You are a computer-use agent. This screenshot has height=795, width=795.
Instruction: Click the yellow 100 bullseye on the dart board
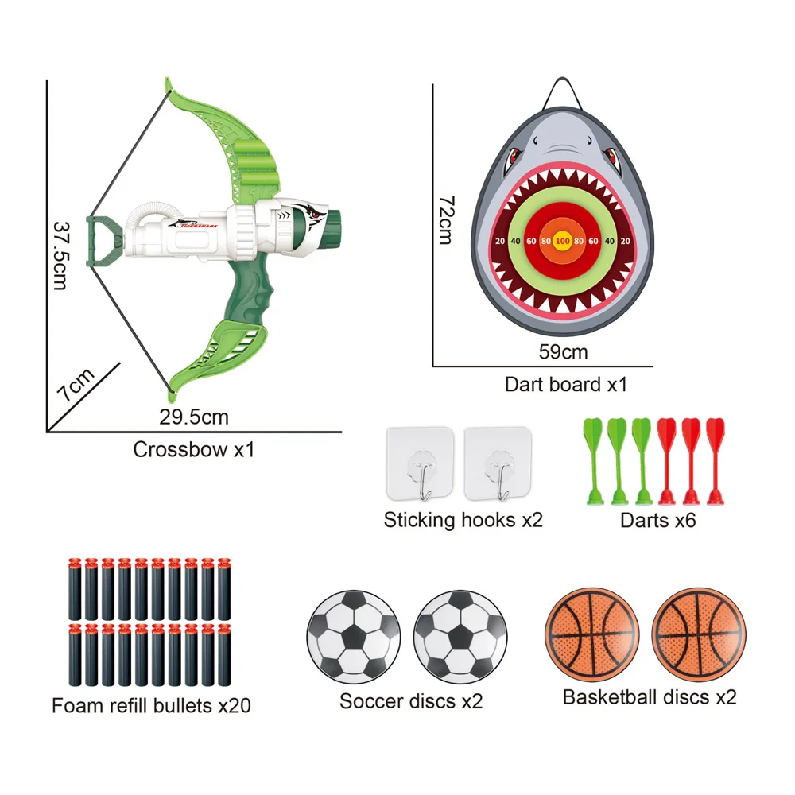[x=563, y=240]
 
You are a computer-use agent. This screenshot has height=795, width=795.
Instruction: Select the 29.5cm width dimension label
[x=194, y=417]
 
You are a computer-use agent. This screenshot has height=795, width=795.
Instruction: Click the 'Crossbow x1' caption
[x=193, y=449]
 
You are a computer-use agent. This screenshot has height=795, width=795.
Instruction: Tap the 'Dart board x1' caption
[x=566, y=385]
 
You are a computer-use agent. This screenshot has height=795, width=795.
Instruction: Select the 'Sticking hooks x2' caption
[x=463, y=521]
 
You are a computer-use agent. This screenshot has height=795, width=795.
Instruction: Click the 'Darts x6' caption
[x=657, y=521]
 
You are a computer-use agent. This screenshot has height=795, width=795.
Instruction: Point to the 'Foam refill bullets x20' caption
[x=151, y=705]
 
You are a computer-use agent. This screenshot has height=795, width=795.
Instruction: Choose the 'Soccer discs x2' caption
[x=411, y=701]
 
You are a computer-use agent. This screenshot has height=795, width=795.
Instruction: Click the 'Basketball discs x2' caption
[x=650, y=697]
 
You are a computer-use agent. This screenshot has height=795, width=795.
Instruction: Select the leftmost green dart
[x=593, y=461]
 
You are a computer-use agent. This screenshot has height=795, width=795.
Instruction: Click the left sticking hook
[x=420, y=466]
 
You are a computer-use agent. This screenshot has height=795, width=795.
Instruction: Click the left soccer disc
[x=351, y=636]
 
